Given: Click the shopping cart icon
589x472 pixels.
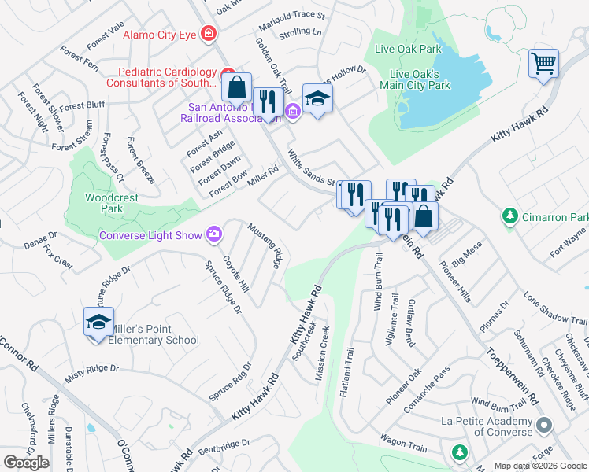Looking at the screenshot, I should (544, 63).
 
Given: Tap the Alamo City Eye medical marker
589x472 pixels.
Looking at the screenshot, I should (209, 34).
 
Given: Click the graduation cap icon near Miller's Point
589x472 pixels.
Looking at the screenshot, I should (98, 323).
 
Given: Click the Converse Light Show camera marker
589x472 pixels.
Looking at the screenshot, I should (213, 234).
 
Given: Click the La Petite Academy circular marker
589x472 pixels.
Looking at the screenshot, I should (543, 426).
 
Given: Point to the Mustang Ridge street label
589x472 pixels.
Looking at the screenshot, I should (265, 245).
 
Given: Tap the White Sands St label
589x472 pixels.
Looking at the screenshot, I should (312, 167).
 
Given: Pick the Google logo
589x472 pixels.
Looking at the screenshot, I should (26, 463).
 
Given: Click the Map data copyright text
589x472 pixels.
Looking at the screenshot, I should (540, 466).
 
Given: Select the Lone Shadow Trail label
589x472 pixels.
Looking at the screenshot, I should (555, 311).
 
